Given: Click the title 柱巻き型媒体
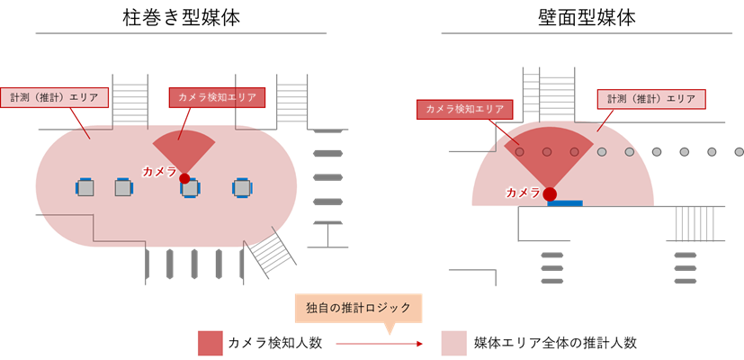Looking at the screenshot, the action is click(x=181, y=18).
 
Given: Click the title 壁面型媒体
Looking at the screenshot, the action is click(x=587, y=18).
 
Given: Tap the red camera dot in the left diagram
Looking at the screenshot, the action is click(x=184, y=178).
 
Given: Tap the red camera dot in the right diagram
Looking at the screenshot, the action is click(x=550, y=193).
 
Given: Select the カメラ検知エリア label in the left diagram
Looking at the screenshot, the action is click(x=217, y=97).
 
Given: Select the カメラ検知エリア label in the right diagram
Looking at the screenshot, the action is click(x=464, y=109).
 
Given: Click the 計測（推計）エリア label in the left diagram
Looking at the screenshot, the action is click(x=55, y=97).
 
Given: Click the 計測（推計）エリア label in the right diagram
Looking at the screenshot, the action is click(x=651, y=99).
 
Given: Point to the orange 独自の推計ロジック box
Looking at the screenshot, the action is click(x=358, y=308).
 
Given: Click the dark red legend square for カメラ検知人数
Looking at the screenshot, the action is click(x=211, y=343).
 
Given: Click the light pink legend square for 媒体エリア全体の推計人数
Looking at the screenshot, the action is click(x=454, y=343).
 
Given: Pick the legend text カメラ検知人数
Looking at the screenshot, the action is click(x=275, y=343).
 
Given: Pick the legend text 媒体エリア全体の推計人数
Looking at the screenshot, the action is click(x=555, y=343).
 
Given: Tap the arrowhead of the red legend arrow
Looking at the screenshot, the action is click(x=419, y=344).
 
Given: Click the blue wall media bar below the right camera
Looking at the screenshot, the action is click(x=565, y=203).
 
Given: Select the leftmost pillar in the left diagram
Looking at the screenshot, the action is click(x=85, y=187).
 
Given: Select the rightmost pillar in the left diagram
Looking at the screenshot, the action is click(x=241, y=187).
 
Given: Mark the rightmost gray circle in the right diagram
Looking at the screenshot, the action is click(x=740, y=152).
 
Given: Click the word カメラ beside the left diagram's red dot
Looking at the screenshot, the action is click(x=160, y=172).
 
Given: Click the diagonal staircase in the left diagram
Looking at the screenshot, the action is click(x=270, y=252).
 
